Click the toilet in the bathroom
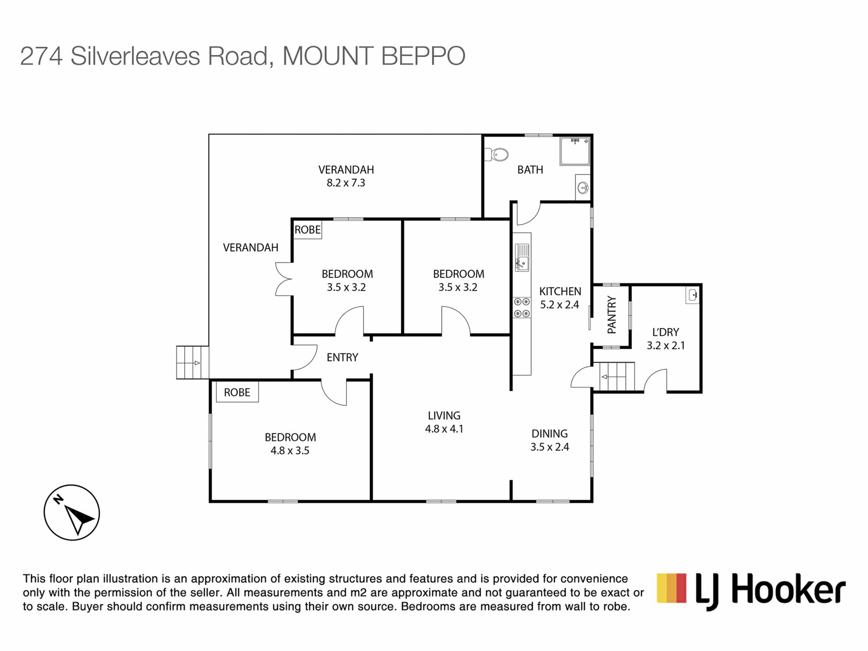[496, 155]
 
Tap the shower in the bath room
[575, 151]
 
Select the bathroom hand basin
[583, 187]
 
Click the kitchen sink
[522, 257]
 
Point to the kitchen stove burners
[522, 307]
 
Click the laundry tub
[692, 296]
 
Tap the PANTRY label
[611, 315]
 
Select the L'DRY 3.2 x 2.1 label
[665, 339]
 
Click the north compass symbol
[71, 513]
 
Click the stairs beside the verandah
[192, 362]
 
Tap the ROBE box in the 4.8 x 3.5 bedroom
[237, 392]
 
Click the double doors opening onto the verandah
[283, 279]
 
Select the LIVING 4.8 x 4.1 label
[444, 422]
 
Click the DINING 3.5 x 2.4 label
[549, 440]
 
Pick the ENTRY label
[342, 358]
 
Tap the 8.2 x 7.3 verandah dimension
[346, 183]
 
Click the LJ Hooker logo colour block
[671, 588]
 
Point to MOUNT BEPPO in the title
[374, 56]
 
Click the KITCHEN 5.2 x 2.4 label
[560, 298]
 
